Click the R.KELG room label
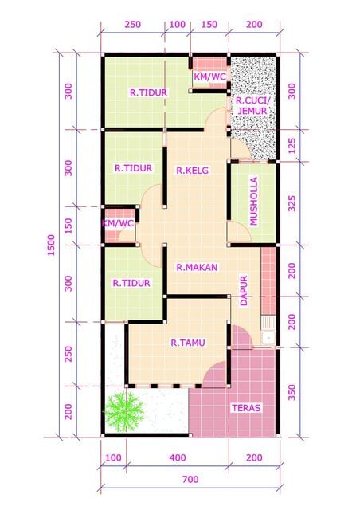192,170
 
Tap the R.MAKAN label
198,267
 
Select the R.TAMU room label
188,343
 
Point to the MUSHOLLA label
254,202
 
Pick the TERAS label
246,408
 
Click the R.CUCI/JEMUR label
252,106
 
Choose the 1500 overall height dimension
49,247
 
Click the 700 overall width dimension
189,480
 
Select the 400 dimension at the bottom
177,457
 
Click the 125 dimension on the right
292,147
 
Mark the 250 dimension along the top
133,25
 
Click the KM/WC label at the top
209,77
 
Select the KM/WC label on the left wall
117,224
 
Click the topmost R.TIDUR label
148,92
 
